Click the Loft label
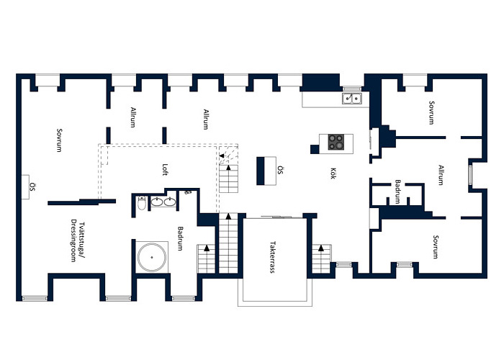165,170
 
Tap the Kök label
333,174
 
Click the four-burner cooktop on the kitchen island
336,142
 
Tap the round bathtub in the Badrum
153,256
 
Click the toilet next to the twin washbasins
141,204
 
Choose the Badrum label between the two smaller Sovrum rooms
397,189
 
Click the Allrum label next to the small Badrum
441,176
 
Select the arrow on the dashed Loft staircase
223,158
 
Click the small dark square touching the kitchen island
315,149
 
